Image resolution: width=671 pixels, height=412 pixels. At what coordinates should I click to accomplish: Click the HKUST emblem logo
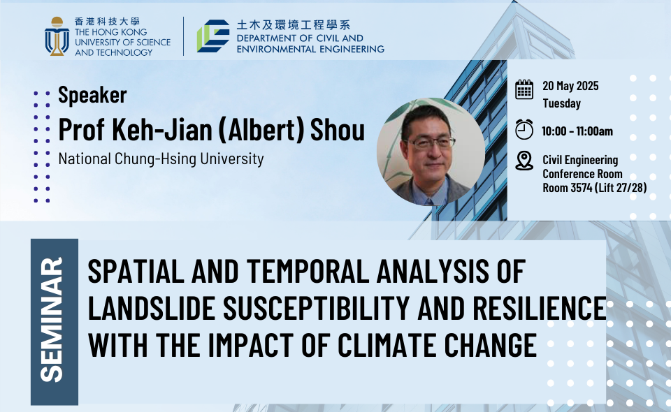pyautogui.click(x=57, y=36)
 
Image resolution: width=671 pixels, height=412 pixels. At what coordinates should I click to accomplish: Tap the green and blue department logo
pyautogui.click(x=213, y=36)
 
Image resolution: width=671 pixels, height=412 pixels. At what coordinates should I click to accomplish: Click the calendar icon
pyautogui.click(x=524, y=89)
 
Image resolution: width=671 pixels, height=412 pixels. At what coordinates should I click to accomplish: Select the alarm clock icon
pyautogui.click(x=524, y=129)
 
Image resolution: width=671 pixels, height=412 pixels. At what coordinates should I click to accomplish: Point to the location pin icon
pyautogui.click(x=524, y=161)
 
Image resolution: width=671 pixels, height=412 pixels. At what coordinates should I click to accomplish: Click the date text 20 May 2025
pyautogui.click(x=570, y=86)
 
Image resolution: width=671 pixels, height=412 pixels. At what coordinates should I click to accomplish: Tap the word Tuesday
pyautogui.click(x=561, y=103)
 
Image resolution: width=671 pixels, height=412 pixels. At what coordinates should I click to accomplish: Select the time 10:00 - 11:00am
pyautogui.click(x=577, y=131)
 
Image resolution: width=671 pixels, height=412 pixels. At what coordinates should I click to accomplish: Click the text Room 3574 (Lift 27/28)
pyautogui.click(x=594, y=188)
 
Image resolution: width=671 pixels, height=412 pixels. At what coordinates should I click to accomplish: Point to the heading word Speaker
pyautogui.click(x=92, y=94)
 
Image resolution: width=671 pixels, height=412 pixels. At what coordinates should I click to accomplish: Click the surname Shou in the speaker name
pyautogui.click(x=337, y=129)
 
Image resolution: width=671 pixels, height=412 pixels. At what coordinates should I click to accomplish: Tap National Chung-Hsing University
pyautogui.click(x=161, y=159)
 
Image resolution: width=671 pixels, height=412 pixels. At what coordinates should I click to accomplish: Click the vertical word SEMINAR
pyautogui.click(x=52, y=319)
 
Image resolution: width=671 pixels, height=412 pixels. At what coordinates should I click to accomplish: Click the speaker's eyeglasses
pyautogui.click(x=429, y=142)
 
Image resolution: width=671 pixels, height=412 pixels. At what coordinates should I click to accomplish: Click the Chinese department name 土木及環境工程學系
pyautogui.click(x=294, y=25)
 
